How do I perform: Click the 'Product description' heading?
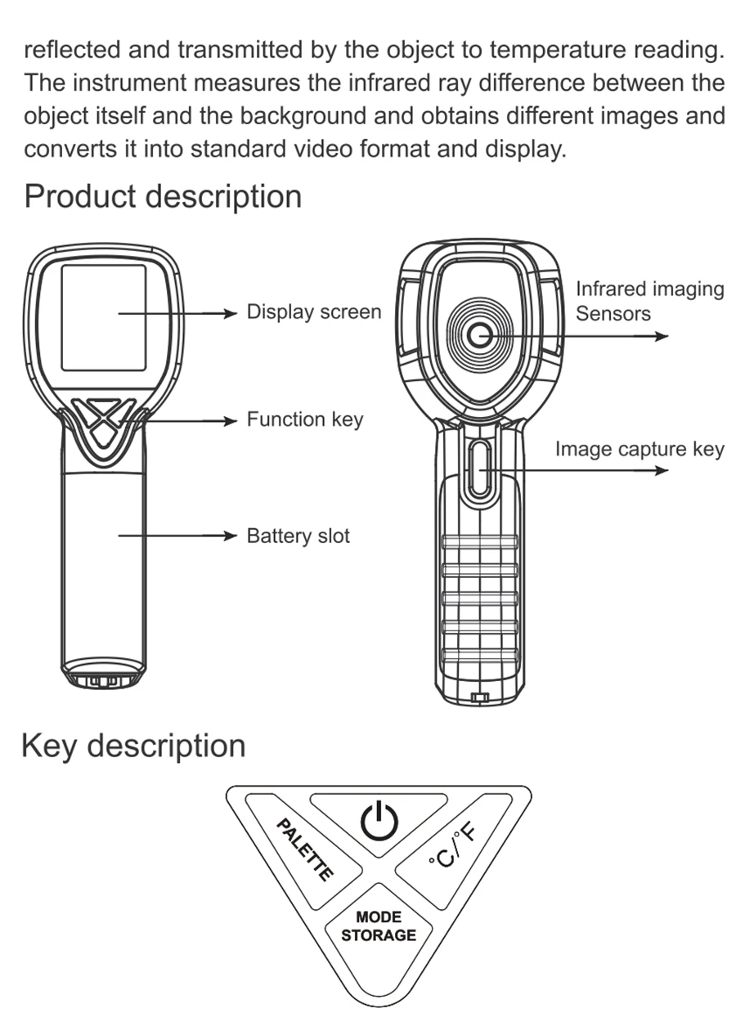[163, 197]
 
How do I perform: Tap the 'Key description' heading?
[133, 747]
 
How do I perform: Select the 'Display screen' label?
[314, 312]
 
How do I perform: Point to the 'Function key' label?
[305, 419]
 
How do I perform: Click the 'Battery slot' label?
[298, 536]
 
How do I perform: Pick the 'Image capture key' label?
[640, 450]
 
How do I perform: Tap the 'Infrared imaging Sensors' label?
[650, 302]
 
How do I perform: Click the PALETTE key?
[304, 852]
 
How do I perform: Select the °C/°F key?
[453, 852]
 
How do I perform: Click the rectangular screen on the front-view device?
[104, 317]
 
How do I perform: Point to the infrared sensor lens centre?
[479, 336]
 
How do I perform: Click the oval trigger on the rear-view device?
[479, 469]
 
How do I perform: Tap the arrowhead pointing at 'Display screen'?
[231, 314]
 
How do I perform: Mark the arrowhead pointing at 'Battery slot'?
[231, 536]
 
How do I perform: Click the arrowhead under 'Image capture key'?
[661, 470]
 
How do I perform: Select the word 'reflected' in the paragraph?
[72, 50]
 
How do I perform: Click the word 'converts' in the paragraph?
[70, 149]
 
